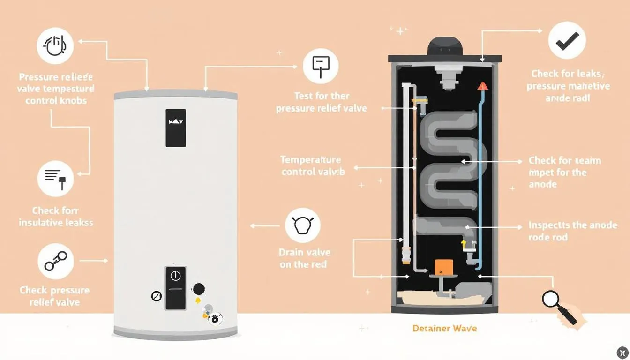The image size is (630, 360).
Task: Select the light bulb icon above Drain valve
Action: tap(302, 225)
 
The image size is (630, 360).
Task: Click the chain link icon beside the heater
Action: tap(55, 261)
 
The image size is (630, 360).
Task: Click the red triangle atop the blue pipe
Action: tap(482, 86)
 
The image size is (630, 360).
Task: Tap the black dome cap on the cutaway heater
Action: tap(445, 46)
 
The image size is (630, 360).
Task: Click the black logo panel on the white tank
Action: tap(175, 127)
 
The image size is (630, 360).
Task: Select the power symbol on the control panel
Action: tap(175, 276)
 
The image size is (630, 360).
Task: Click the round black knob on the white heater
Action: tap(199, 289)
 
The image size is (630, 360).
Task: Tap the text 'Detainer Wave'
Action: tap(444, 328)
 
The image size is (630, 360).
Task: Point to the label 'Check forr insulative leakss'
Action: tap(56, 217)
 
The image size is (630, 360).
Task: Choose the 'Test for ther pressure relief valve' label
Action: tap(322, 102)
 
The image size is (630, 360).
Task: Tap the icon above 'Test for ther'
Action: tap(321, 66)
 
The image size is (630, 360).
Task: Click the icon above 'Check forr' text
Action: tap(55, 178)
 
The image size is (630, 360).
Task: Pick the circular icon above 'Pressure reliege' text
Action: tap(55, 45)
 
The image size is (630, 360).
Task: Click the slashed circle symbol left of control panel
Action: tap(156, 296)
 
